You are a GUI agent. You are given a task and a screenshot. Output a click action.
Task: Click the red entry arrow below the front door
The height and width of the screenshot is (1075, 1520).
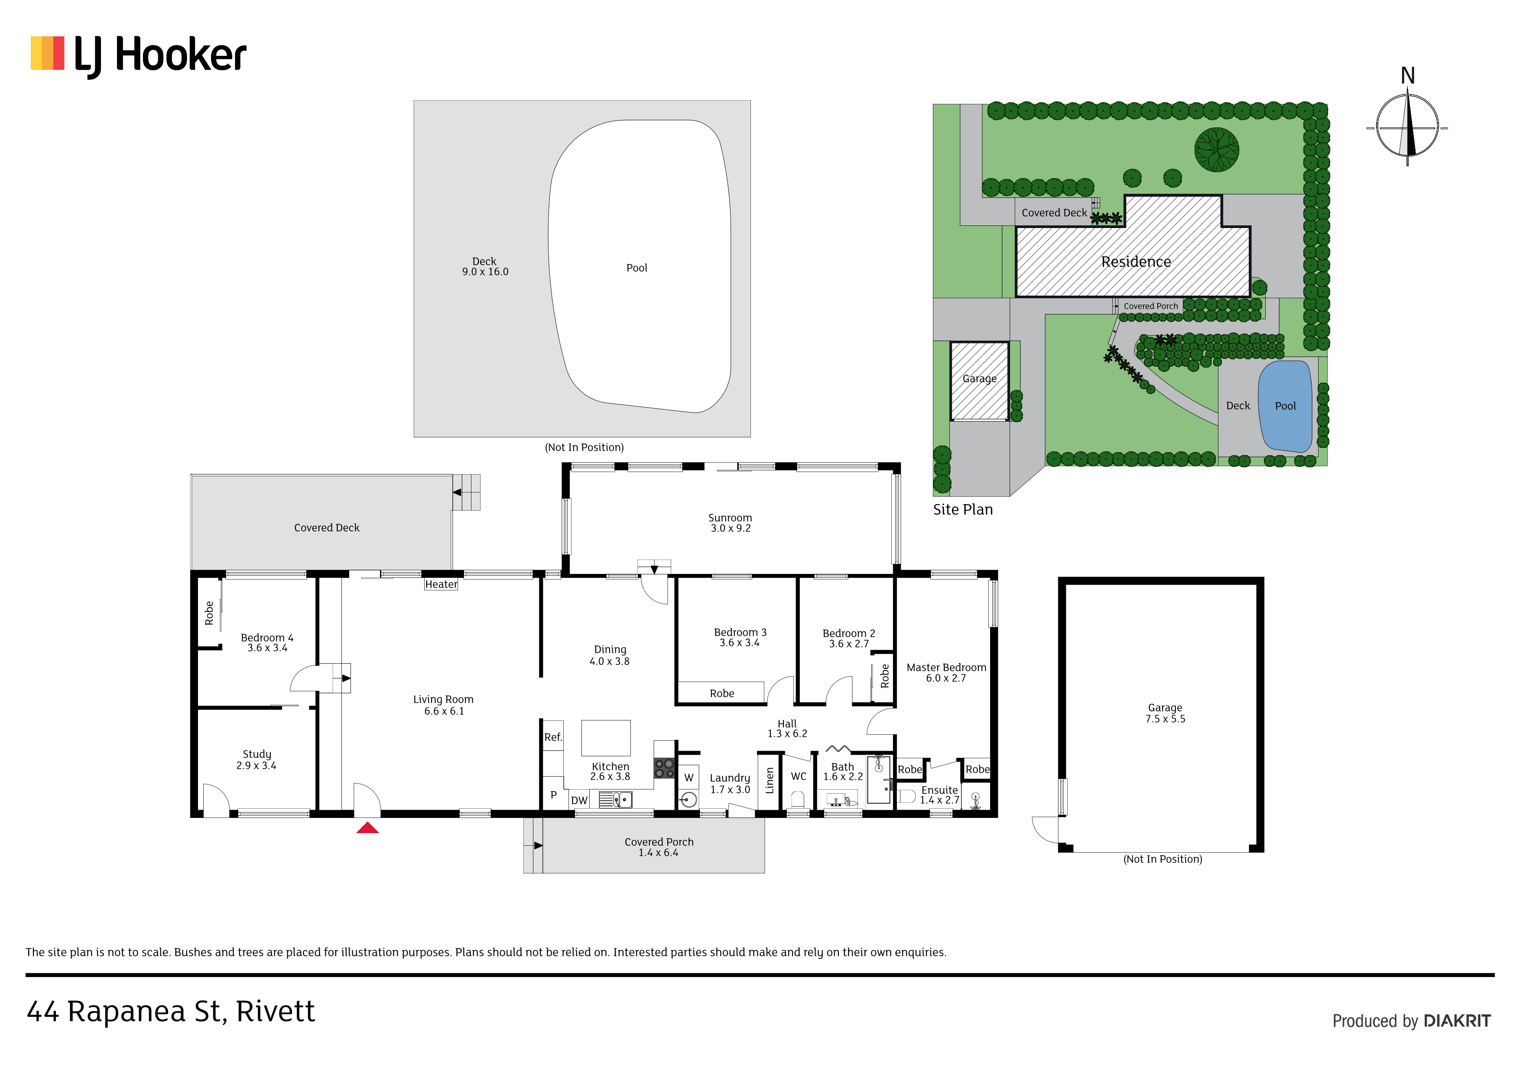[x=367, y=828]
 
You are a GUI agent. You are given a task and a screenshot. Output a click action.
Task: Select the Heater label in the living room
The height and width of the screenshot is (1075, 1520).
[x=441, y=584]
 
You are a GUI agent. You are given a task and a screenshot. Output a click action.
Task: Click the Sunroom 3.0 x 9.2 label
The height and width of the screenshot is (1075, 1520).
[x=730, y=523]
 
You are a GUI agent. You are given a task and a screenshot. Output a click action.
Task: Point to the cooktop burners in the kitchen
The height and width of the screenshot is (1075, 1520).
[x=664, y=769]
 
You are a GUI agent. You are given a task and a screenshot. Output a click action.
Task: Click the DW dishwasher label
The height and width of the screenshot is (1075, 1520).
[x=579, y=800]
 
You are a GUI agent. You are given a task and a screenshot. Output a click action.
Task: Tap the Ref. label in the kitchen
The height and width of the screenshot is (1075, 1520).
[x=553, y=737]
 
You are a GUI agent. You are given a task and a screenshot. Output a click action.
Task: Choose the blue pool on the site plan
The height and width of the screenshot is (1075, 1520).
[x=1285, y=406]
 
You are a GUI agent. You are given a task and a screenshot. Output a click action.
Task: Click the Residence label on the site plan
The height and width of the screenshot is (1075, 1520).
[x=1136, y=262]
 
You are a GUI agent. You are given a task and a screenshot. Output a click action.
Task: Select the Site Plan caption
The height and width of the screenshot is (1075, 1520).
[x=963, y=509]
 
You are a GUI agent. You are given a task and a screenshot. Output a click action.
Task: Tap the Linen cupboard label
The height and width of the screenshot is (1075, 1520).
[x=769, y=780]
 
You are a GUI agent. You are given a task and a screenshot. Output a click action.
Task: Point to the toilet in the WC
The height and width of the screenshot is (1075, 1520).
[x=798, y=799]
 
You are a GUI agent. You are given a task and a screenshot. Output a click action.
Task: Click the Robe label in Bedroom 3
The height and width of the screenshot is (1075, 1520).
[x=721, y=694]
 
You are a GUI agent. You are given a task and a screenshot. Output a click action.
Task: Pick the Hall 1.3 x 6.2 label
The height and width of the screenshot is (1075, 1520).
[x=787, y=729]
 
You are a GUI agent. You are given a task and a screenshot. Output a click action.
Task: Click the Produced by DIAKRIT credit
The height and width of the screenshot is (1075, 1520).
[x=1411, y=1021]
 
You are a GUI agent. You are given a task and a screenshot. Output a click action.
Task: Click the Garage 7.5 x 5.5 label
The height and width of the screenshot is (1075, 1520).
[x=1165, y=713]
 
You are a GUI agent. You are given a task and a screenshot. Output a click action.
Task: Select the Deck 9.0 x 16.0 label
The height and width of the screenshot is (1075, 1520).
[x=485, y=266]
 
